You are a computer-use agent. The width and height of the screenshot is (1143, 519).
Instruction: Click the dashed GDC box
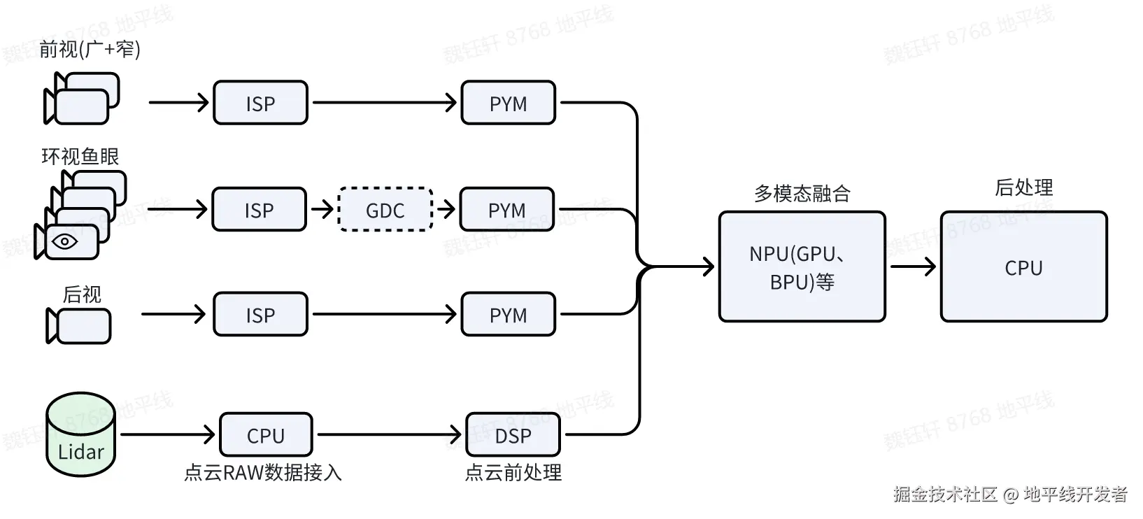[385, 209]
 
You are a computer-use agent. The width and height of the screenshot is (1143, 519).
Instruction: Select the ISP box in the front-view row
[261, 103]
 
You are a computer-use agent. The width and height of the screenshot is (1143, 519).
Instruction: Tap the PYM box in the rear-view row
[509, 314]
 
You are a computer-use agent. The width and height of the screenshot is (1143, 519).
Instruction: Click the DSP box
[513, 435]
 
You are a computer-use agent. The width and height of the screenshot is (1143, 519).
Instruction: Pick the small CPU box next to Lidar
[266, 435]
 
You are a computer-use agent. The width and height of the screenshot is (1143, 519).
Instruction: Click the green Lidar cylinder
[80, 434]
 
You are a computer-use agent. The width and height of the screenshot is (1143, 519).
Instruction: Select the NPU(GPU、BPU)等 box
[802, 267]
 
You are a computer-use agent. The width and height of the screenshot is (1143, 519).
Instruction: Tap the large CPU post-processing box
[1024, 267]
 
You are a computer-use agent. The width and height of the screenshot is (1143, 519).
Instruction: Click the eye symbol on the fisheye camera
[65, 241]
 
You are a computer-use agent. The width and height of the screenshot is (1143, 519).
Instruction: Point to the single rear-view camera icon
[78, 326]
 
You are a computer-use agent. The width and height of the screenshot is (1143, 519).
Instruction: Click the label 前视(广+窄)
[90, 50]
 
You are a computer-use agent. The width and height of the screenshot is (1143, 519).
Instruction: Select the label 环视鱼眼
[80, 156]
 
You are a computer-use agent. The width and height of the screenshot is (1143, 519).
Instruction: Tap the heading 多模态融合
[802, 194]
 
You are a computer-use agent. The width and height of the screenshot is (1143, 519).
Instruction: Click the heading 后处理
[1024, 187]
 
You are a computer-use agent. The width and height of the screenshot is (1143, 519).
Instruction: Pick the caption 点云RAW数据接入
[263, 473]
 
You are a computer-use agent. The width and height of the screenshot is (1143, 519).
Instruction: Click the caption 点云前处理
[513, 473]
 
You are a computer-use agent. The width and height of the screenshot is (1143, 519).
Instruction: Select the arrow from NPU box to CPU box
[914, 266]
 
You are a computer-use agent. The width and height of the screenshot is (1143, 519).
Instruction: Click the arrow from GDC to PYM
[446, 209]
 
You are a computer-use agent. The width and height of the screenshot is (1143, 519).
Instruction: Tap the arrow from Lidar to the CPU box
[168, 435]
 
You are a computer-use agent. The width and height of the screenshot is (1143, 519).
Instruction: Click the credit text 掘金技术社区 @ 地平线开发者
[1010, 494]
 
